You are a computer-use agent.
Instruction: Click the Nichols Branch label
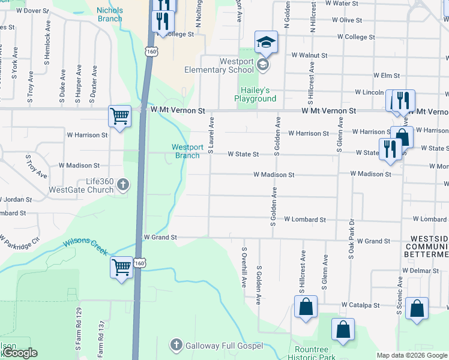110,14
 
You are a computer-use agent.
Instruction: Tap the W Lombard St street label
304,220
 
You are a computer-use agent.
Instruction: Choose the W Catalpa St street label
360,305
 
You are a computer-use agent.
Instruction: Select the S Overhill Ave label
244,267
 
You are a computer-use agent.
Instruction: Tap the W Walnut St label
309,55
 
